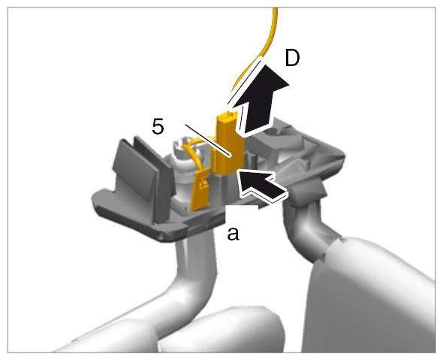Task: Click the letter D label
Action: point(292,59)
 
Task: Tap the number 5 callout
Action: point(158,126)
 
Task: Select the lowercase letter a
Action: point(233,234)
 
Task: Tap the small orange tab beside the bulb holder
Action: point(200,189)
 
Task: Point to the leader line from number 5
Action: point(208,140)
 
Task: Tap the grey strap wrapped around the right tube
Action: point(308,192)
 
